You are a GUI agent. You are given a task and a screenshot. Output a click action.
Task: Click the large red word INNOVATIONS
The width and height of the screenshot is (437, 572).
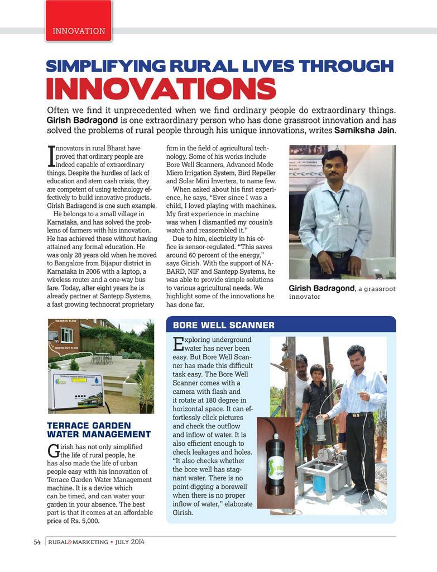tap(161, 89)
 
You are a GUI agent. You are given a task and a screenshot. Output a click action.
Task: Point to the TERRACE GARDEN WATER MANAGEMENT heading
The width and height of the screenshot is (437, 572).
tap(99, 430)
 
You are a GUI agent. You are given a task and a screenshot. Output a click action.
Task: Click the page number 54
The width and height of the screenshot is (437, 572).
tap(37, 542)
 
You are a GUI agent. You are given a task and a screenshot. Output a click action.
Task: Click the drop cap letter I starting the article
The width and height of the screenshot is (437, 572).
tap(51, 156)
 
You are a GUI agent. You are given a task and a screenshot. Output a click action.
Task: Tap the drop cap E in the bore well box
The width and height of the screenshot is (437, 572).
tap(178, 344)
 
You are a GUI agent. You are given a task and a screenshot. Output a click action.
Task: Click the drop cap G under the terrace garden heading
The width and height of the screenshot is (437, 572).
tap(53, 451)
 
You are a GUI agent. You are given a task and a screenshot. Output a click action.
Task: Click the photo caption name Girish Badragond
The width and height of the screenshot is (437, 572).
tap(321, 288)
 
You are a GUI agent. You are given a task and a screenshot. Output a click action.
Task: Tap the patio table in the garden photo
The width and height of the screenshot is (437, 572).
tap(102, 356)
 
